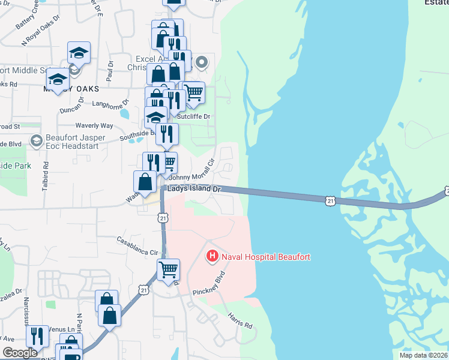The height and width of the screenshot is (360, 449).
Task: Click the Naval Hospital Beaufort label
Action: [x=266, y=257]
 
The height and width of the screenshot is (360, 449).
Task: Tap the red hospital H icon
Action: [x=212, y=257]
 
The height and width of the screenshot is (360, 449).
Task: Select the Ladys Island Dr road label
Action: [x=195, y=188]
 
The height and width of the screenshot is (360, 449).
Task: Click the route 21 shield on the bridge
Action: [x=331, y=200]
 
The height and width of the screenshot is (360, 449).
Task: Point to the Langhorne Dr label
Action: [x=110, y=103]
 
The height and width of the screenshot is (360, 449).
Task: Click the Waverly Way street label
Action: [x=94, y=126]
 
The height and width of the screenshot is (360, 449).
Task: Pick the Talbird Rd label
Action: [x=46, y=174]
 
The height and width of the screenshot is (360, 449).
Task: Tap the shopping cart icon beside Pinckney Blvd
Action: [x=169, y=269]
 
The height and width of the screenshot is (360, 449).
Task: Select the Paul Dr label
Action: [x=110, y=72]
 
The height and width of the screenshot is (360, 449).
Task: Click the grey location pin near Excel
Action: [x=202, y=62]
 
